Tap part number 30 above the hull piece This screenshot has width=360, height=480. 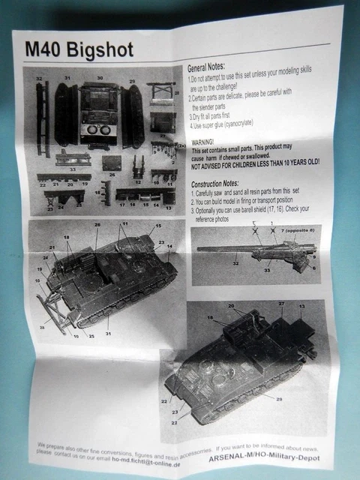pyautogui.click(x=99, y=78)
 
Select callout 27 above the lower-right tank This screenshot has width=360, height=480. pyautogui.click(x=282, y=303)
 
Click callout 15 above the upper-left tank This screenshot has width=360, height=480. pyautogui.click(x=158, y=226)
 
